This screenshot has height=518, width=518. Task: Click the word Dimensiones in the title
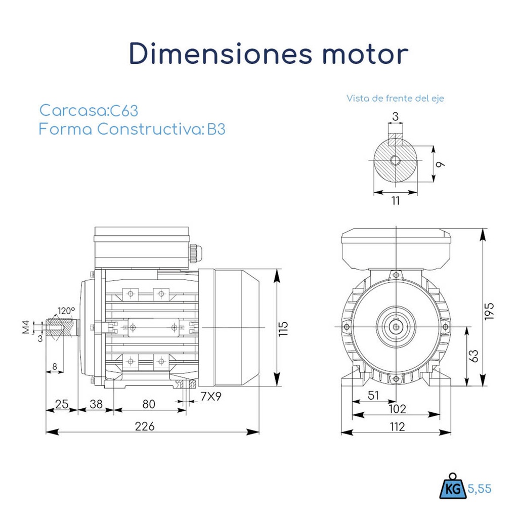coord(219,54)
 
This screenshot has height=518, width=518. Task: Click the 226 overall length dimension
coord(145,426)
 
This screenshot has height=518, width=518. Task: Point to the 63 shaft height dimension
coord(473,356)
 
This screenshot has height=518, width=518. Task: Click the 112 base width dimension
coord(398,427)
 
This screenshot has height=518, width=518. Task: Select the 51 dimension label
coord(373,396)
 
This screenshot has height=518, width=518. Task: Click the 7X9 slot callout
coord(211,397)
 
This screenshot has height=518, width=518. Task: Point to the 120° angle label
coord(66,311)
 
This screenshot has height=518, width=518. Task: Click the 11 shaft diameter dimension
coord(396,201)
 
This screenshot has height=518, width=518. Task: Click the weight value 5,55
coord(479,489)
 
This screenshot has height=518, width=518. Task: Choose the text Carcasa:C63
coord(89,110)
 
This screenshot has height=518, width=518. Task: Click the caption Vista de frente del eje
coord(395,98)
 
